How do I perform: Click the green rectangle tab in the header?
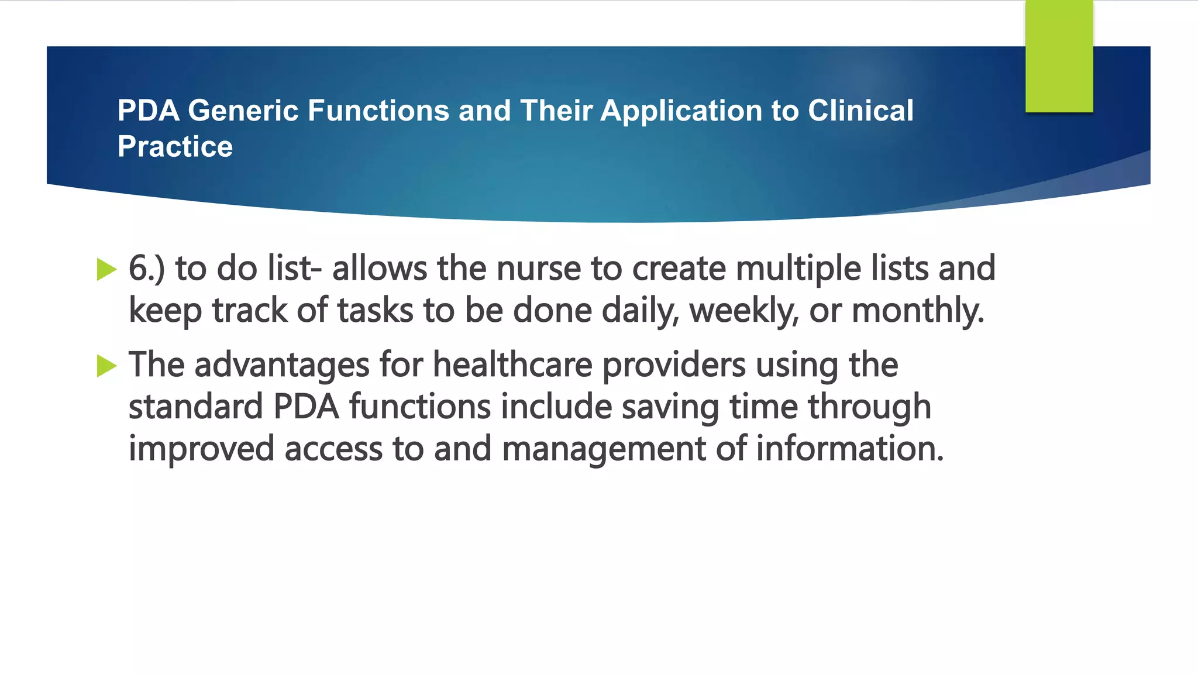(1059, 56)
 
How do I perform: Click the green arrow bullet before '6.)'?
(106, 269)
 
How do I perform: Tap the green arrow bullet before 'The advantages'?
(106, 366)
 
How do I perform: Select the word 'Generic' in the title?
(243, 111)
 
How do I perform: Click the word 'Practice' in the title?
(175, 146)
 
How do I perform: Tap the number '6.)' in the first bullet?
(147, 269)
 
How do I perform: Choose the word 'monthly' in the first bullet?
(918, 311)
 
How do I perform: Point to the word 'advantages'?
(282, 366)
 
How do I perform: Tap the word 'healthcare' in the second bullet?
(512, 364)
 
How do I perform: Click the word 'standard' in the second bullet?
(196, 407)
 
